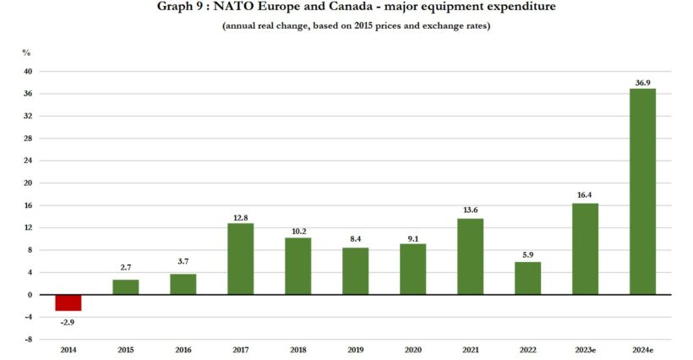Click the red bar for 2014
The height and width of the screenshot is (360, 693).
(68, 303)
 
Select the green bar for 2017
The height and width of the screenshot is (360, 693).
(241, 259)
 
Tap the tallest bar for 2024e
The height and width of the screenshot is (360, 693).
(642, 192)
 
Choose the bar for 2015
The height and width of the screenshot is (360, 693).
(126, 286)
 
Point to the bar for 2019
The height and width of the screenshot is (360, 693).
(356, 271)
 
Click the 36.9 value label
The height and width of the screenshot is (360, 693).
(642, 82)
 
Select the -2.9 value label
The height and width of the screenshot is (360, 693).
(68, 322)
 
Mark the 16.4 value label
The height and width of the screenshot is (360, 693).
(585, 196)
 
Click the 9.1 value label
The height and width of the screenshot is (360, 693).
(413, 237)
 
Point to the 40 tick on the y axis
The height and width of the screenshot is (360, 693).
(27, 72)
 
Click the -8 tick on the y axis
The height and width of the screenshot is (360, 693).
(28, 340)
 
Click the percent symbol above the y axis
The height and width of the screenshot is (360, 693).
(26, 52)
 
